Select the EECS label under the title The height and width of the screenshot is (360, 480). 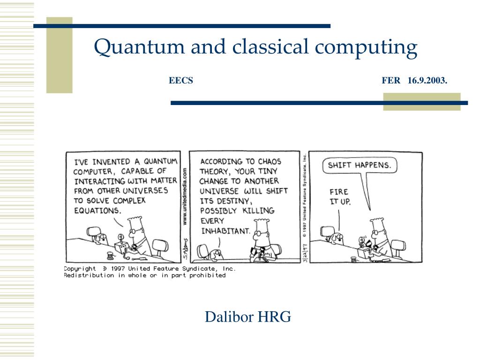tap(181, 81)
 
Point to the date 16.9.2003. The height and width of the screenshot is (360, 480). tap(427, 81)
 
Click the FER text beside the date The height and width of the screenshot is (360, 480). tap(391, 81)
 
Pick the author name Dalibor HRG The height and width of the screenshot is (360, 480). tap(247, 317)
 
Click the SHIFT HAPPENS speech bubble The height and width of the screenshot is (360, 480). tap(359, 165)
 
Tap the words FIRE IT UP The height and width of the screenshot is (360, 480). tap(340, 196)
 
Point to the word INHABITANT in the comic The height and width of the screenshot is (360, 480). tap(225, 231)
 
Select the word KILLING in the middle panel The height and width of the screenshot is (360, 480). tap(258, 210)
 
